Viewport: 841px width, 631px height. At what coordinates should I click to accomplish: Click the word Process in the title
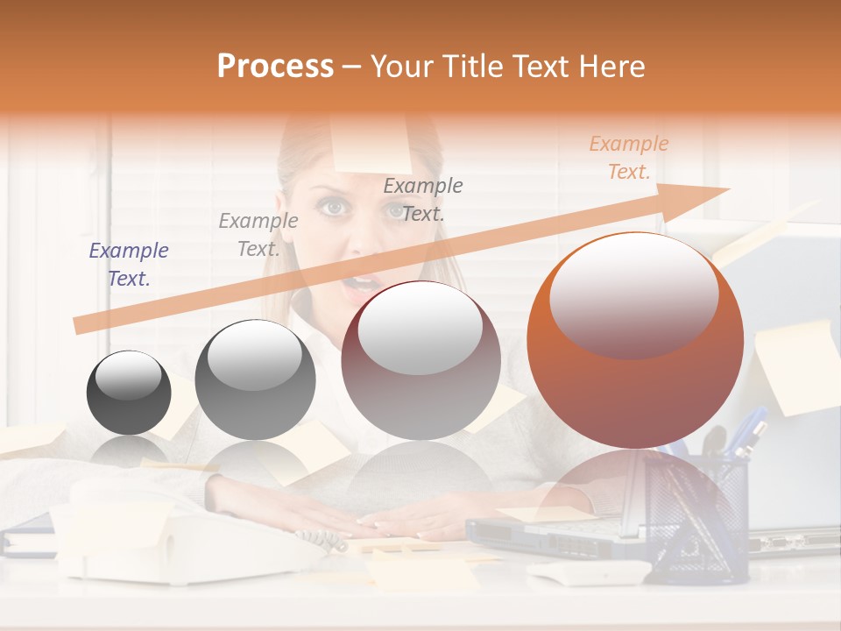point(275,67)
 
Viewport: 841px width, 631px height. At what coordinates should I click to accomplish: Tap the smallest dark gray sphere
point(129,393)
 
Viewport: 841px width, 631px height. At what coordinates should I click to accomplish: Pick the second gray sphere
point(255,379)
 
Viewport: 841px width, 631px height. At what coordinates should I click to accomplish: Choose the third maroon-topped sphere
point(420,360)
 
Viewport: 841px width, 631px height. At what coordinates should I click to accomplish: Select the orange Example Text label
point(628,158)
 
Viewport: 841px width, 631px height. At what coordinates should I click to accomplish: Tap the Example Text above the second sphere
point(258,234)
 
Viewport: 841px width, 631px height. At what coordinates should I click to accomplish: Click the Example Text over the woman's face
point(423,199)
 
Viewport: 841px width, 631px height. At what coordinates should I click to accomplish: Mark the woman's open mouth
point(362,283)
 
